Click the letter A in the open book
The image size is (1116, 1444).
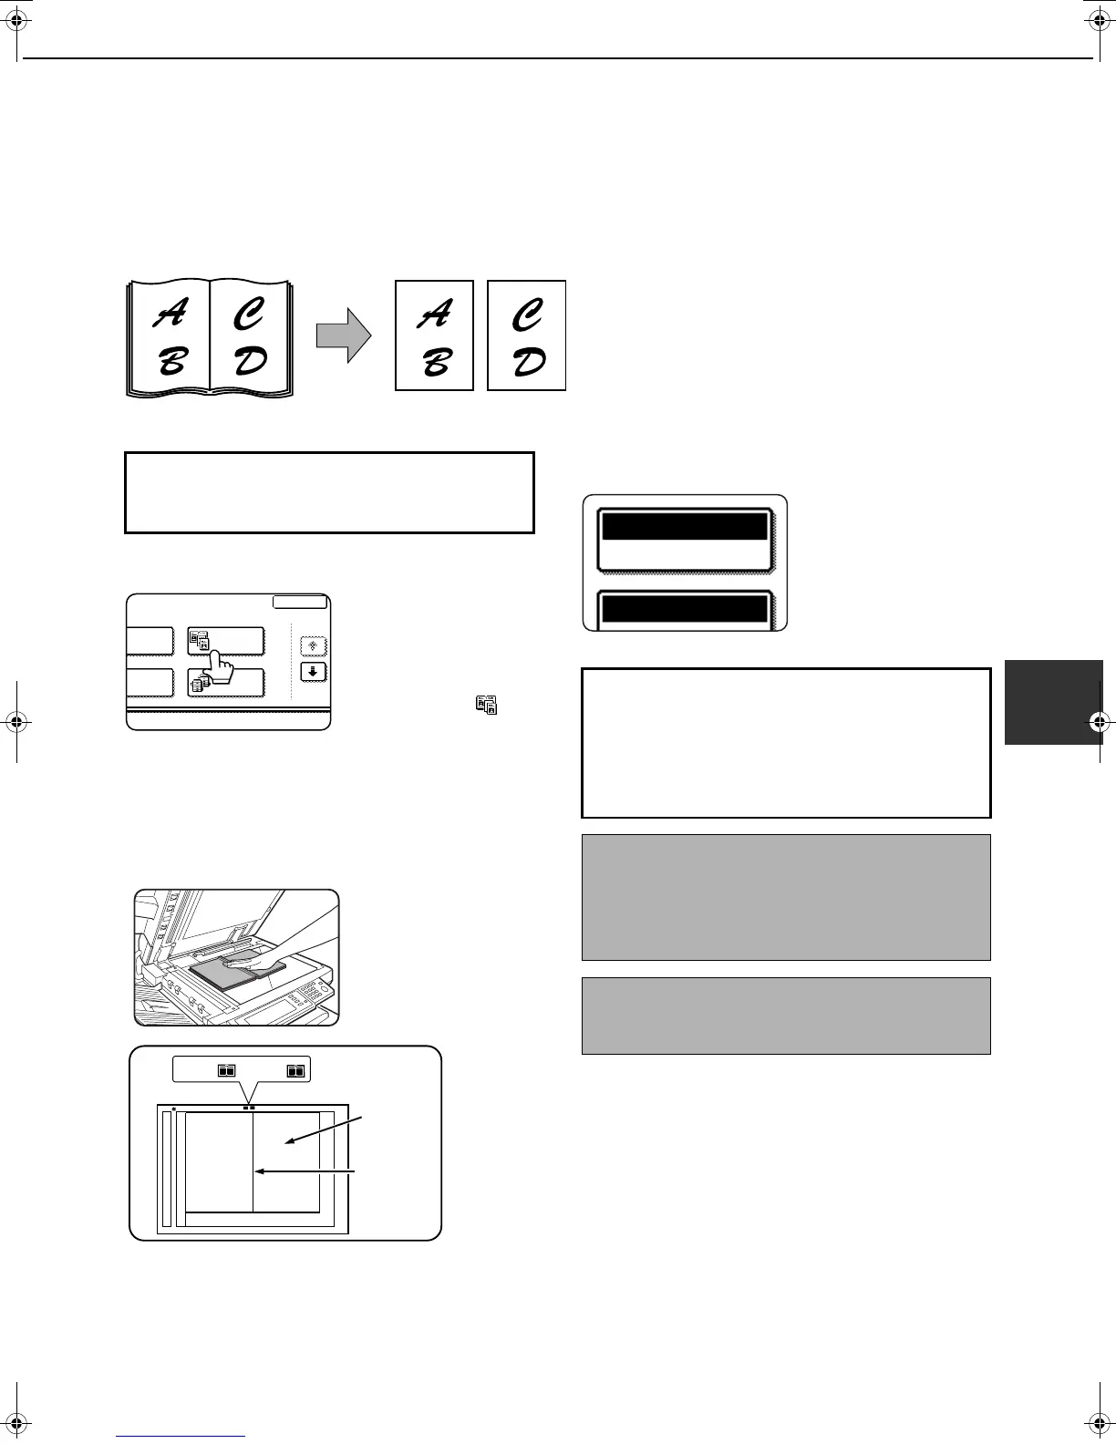coord(168,315)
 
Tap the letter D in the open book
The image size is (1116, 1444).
coord(251,361)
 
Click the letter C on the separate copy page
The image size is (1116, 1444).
coord(527,315)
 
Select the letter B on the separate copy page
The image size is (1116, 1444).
coord(435,363)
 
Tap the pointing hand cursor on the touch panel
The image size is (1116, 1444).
coord(218,665)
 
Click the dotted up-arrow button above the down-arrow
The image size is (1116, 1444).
coord(314,646)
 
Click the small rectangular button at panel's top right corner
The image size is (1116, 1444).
coord(300,602)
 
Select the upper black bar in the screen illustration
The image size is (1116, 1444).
coord(684,527)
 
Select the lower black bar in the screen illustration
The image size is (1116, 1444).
coord(684,608)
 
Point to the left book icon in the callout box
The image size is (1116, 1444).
coord(227,1071)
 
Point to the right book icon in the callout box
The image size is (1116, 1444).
coord(295,1071)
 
